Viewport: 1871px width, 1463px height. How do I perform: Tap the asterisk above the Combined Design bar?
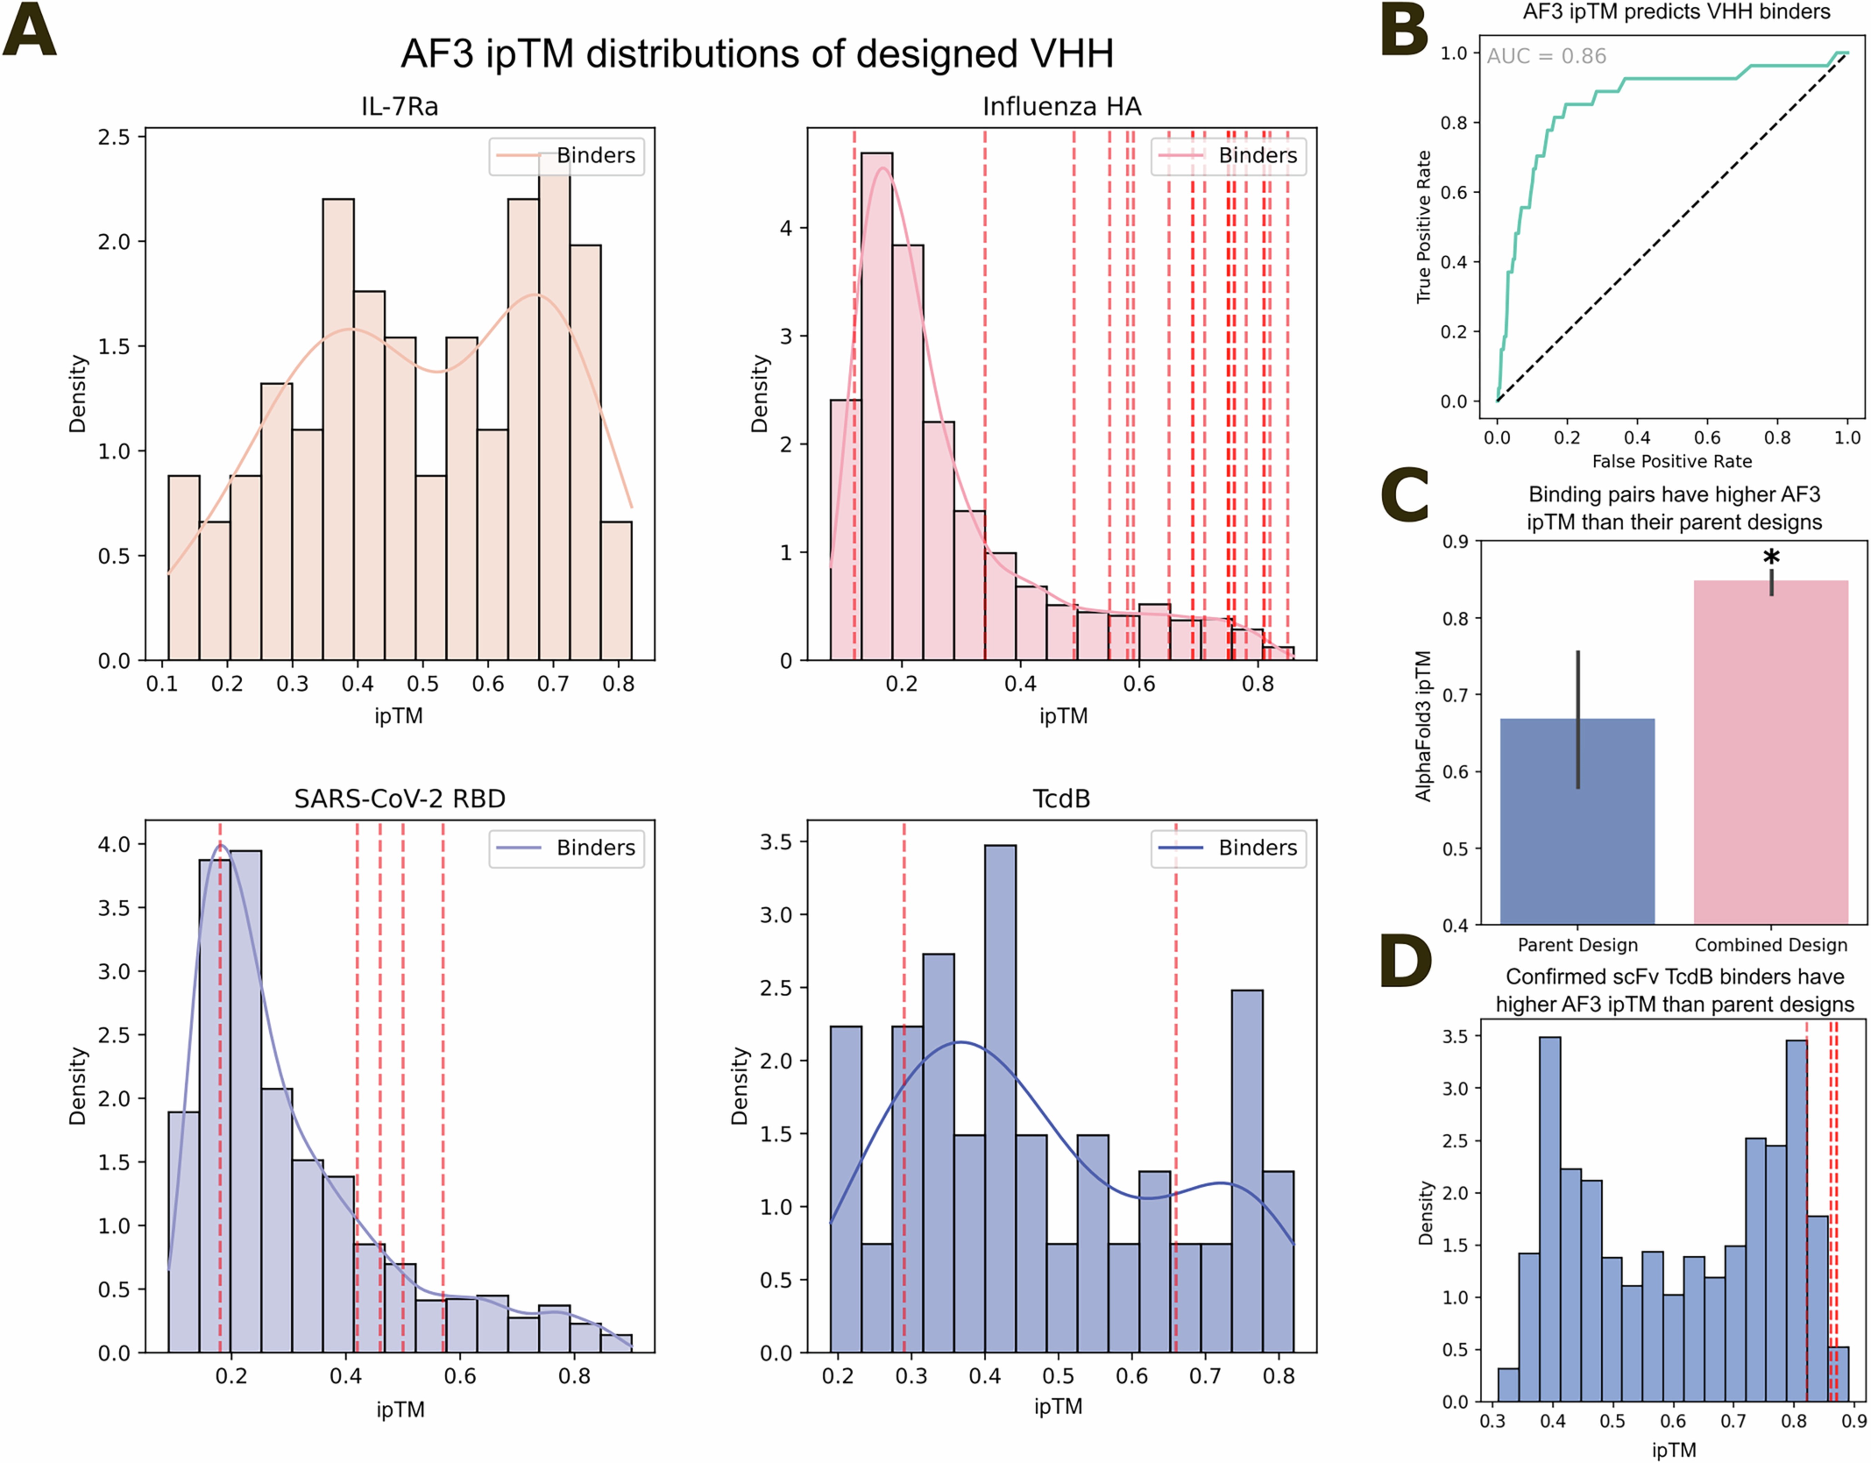tap(1771, 557)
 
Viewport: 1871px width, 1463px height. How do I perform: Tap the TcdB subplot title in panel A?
tap(1062, 799)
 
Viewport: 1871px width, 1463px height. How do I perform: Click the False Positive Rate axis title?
tap(1671, 461)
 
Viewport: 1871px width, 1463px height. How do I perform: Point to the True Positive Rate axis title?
tap(1424, 227)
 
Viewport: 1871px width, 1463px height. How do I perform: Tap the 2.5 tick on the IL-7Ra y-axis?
tap(114, 137)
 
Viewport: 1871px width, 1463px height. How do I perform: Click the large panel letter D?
tap(1406, 962)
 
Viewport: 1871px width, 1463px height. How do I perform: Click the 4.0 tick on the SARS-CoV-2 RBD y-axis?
tap(114, 844)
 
